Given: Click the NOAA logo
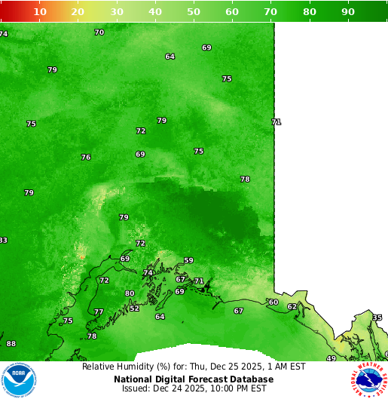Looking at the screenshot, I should [20, 379].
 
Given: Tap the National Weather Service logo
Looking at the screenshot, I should [368, 379].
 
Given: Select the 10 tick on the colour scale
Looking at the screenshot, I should [40, 12].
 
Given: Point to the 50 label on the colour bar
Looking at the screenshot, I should [194, 12].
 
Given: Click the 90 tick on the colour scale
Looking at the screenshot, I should [348, 12].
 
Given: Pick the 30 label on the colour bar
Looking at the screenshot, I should [117, 12].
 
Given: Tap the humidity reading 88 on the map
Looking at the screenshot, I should [11, 344].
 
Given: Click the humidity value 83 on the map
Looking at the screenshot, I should [3, 241].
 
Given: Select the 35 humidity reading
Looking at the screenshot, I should [377, 318].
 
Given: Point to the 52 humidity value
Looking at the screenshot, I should [134, 308].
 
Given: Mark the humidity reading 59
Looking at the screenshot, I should [188, 261].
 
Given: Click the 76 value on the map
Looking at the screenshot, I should [86, 157].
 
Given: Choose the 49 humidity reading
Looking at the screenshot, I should [331, 358].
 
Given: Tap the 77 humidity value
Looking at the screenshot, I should [99, 312].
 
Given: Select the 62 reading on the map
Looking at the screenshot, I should [292, 307].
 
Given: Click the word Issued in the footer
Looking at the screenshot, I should [136, 389].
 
